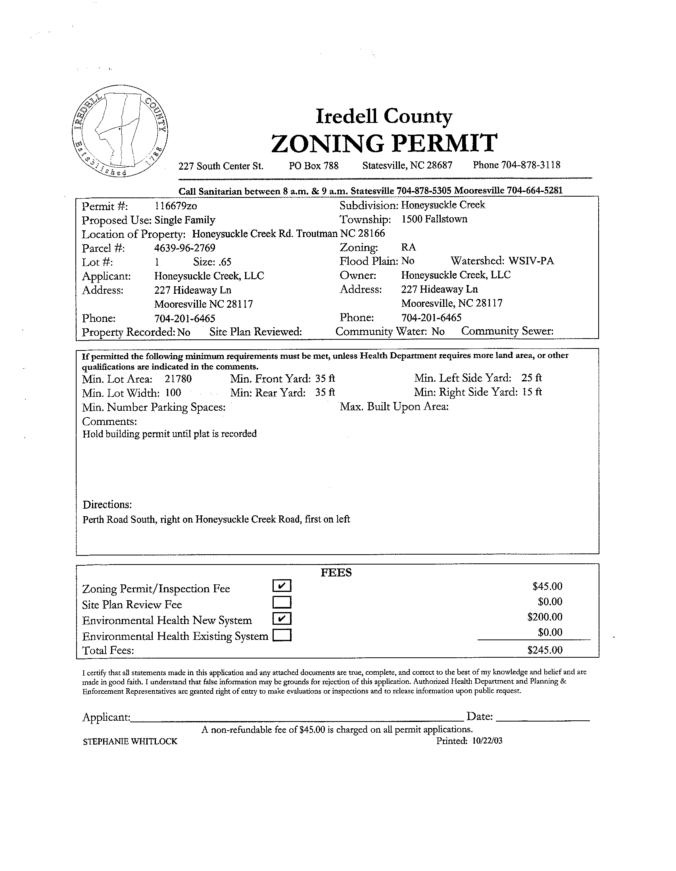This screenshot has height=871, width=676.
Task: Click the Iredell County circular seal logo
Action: click(120, 131)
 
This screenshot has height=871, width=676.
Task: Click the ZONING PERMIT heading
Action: click(384, 144)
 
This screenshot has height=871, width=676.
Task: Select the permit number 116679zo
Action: click(176, 206)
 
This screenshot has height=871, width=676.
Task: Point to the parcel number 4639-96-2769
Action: click(185, 248)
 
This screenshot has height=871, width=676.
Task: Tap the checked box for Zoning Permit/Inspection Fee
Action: click(282, 586)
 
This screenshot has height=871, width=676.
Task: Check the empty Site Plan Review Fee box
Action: click(282, 601)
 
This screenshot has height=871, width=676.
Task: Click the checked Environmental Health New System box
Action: click(282, 618)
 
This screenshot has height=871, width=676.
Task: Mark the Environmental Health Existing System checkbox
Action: click(282, 634)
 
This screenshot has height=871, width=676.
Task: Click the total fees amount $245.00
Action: click(545, 650)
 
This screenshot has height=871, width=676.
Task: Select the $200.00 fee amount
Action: click(545, 617)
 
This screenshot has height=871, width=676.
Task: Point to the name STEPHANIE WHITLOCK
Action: click(130, 741)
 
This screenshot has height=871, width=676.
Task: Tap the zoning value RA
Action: click(409, 247)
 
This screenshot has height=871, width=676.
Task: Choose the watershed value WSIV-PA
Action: click(531, 261)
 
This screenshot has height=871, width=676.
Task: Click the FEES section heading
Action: click(336, 573)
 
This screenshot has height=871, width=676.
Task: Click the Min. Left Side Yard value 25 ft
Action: click(532, 378)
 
